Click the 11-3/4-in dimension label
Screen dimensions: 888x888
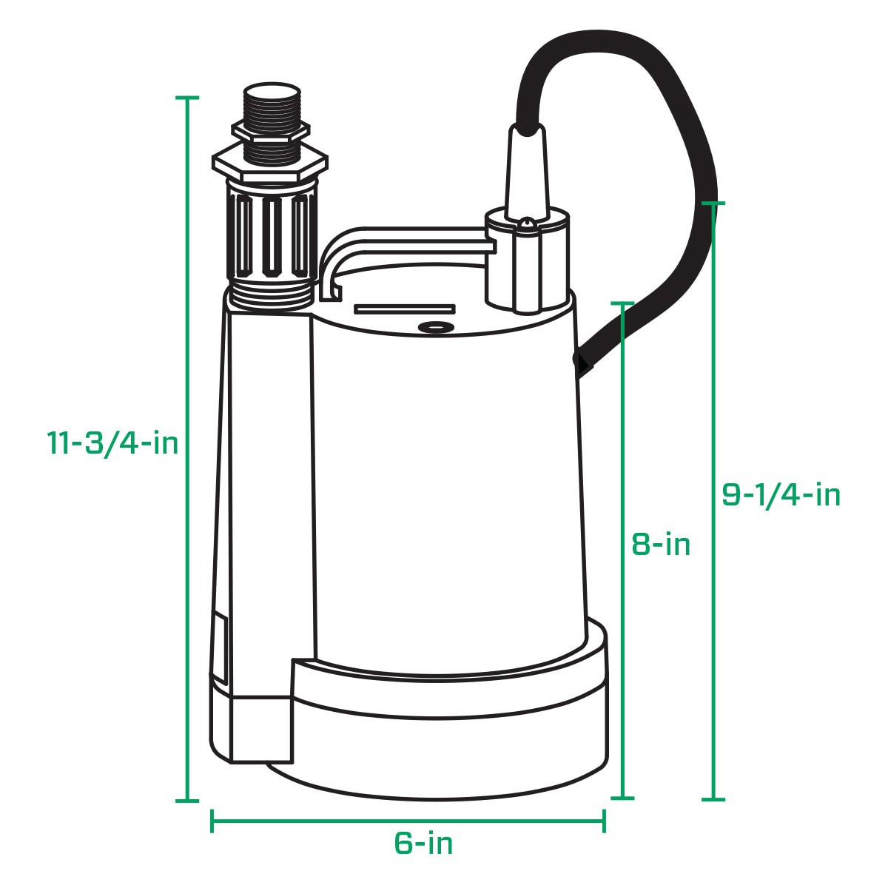coord(112,443)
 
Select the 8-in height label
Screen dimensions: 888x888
coord(661,545)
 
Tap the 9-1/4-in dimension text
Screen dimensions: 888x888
coord(781,494)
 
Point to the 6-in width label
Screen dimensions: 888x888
coord(423,844)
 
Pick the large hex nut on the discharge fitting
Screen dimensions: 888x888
coord(269,162)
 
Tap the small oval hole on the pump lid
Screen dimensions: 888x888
coord(434,327)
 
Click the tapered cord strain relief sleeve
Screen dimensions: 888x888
coord(526,170)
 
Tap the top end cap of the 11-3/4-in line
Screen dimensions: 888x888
coord(187,98)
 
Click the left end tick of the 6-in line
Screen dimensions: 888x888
coord(212,820)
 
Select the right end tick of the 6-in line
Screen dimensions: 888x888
coord(605,820)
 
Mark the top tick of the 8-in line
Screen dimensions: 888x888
coord(623,303)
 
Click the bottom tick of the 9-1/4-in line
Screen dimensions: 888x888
coord(713,799)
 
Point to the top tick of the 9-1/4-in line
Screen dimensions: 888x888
coord(713,203)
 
